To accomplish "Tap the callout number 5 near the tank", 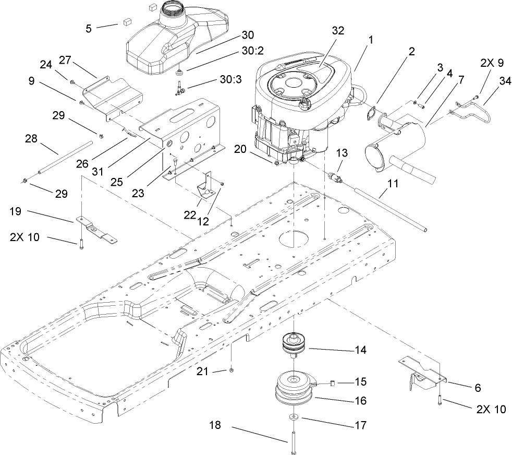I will click(89, 28).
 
